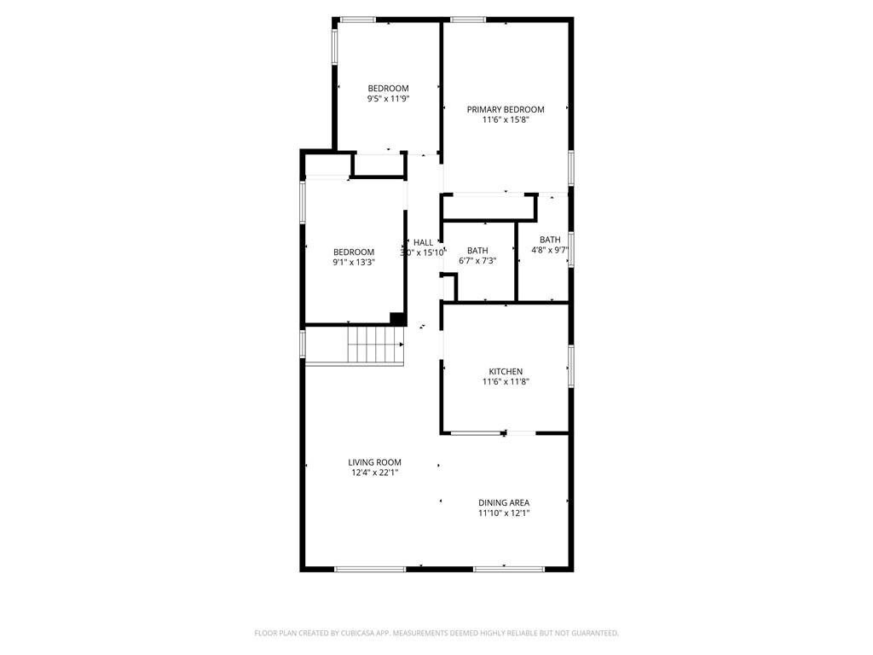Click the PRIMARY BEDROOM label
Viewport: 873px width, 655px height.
(505, 109)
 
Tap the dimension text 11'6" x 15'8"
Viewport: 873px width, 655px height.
(505, 120)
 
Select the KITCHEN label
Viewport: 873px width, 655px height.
(505, 372)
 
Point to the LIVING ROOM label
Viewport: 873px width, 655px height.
(374, 462)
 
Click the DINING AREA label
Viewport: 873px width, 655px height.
(503, 502)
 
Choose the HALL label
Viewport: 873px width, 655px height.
(423, 242)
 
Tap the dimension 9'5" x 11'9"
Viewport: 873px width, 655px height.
(388, 99)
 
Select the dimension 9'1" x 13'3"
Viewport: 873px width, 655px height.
(353, 263)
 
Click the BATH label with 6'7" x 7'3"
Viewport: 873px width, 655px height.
(477, 250)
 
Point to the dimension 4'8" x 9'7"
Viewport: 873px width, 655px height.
(550, 251)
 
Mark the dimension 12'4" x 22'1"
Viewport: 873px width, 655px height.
(374, 472)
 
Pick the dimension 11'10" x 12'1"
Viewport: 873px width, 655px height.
(503, 513)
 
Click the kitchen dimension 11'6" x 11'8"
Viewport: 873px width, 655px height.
(505, 382)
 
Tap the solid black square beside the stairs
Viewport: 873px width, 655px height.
(396, 318)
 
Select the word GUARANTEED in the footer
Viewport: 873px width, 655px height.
(591, 633)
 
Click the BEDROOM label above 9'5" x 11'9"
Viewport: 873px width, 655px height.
(388, 88)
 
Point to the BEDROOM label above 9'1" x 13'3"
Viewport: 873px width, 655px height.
(353, 252)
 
